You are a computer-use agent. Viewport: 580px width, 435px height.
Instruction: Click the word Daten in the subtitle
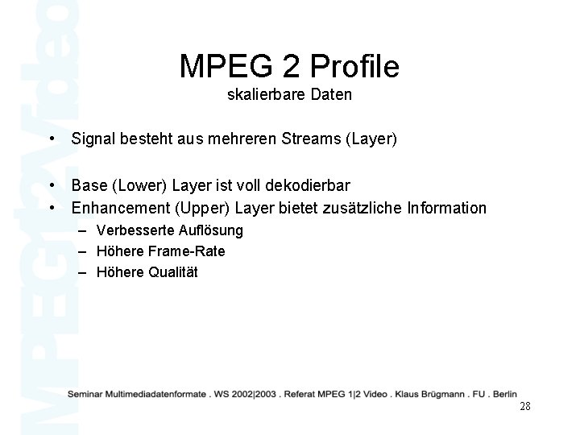pyautogui.click(x=329, y=94)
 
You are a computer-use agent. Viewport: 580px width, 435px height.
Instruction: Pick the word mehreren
pyautogui.click(x=230, y=139)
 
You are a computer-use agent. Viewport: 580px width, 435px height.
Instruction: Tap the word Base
pyautogui.click(x=89, y=188)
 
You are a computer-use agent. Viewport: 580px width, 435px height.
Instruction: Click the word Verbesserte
pyautogui.click(x=130, y=231)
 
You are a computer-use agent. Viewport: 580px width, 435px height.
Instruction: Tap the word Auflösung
pyautogui.click(x=205, y=231)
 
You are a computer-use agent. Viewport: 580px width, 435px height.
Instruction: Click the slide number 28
pyautogui.click(x=524, y=406)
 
